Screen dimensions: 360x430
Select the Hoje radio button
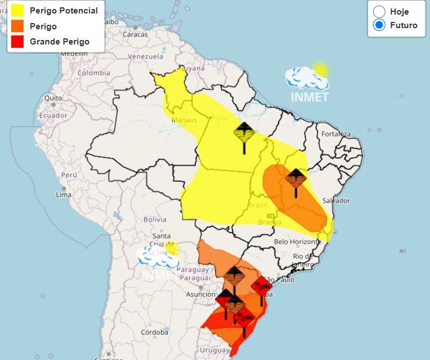pos(379,11)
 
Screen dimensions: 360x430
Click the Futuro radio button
pos(379,25)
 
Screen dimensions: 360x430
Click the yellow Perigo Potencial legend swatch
pos(17,11)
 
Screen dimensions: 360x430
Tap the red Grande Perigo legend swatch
pos(17,42)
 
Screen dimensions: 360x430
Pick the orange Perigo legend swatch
pos(17,26)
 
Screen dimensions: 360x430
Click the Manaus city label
pos(185,120)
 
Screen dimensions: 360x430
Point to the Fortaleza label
pos(336,134)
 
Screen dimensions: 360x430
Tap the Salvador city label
pos(336,201)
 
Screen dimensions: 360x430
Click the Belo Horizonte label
pos(297,242)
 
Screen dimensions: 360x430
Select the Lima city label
pos(64,194)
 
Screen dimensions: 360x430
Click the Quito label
pos(53,97)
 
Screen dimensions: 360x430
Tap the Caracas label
pos(135,34)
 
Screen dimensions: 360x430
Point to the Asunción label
pos(200,295)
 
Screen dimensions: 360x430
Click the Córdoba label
pos(155,332)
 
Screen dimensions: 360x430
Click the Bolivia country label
pos(155,219)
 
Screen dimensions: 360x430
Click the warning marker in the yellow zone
pos(244,134)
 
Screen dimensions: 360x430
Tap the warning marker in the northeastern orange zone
pos(295,179)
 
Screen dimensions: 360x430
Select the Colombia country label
pos(93,73)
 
